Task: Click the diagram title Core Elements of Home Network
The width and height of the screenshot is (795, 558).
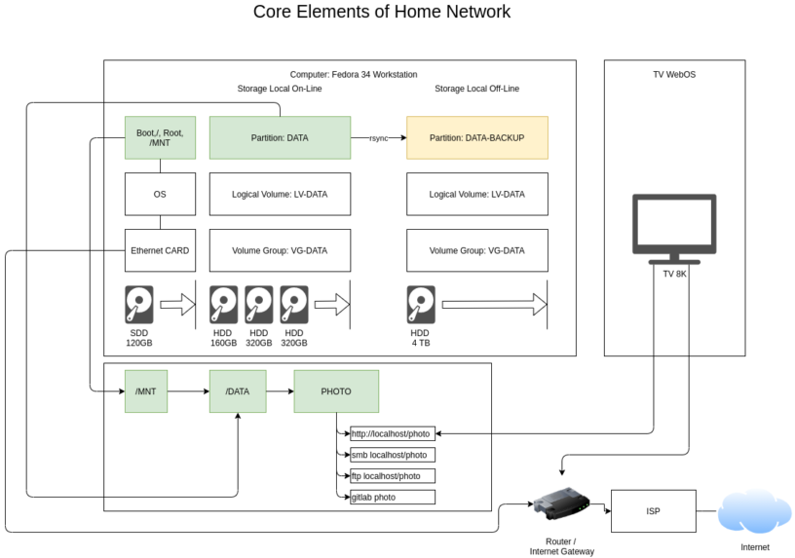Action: (x=382, y=13)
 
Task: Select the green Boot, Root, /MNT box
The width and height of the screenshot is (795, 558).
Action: (x=160, y=137)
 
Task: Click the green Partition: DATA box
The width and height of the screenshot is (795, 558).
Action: (x=280, y=137)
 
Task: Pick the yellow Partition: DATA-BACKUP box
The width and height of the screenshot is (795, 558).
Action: (x=476, y=137)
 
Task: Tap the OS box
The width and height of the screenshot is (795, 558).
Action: (x=160, y=194)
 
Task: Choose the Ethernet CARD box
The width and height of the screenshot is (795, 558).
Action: (x=160, y=250)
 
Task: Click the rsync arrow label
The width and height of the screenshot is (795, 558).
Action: (x=378, y=138)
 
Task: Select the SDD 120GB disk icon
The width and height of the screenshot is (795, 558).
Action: (x=139, y=305)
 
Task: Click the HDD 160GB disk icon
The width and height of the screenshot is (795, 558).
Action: (x=223, y=305)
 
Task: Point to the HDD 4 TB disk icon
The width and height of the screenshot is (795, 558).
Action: (x=420, y=305)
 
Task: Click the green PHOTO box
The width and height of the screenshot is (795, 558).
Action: (x=336, y=391)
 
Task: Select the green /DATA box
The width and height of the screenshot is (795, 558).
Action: (x=238, y=391)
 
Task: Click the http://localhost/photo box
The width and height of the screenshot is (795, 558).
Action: (x=392, y=433)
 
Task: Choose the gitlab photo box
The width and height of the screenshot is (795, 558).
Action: (x=392, y=497)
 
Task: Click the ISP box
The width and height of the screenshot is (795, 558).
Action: (x=653, y=511)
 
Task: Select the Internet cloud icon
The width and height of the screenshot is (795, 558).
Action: (x=754, y=511)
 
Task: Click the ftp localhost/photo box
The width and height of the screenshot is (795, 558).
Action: (x=392, y=476)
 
